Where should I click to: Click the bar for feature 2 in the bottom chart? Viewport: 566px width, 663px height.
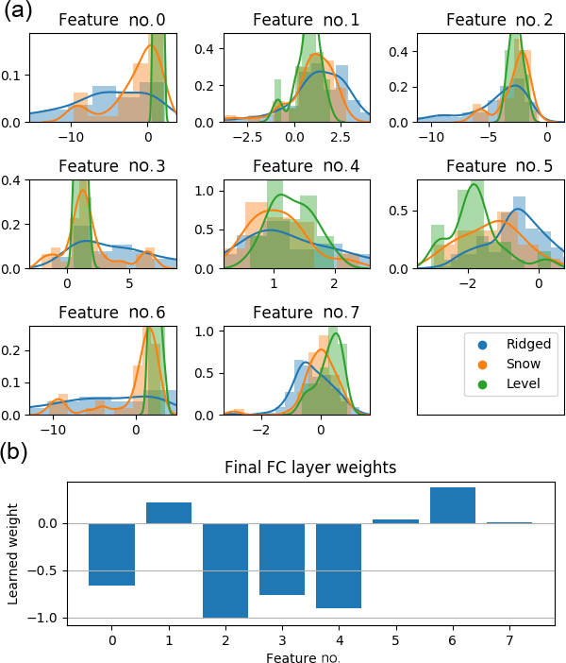[x=225, y=569]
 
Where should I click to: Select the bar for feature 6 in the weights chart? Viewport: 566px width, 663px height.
[x=453, y=505]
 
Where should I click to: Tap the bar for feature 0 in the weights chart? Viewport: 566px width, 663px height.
[x=112, y=554]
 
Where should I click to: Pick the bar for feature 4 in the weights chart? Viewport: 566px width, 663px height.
[x=339, y=565]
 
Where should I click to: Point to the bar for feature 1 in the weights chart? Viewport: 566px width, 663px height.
[x=169, y=513]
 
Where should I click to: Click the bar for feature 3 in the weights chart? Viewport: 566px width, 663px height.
[x=282, y=558]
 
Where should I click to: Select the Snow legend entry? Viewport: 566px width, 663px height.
[x=509, y=365]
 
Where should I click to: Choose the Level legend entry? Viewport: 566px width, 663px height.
[x=509, y=384]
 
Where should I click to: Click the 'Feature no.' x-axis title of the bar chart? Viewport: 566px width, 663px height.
[x=303, y=656]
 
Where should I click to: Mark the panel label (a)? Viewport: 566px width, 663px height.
[x=16, y=13]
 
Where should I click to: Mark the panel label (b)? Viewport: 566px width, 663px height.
[x=16, y=451]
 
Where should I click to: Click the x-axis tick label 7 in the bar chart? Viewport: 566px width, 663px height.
[x=509, y=638]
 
